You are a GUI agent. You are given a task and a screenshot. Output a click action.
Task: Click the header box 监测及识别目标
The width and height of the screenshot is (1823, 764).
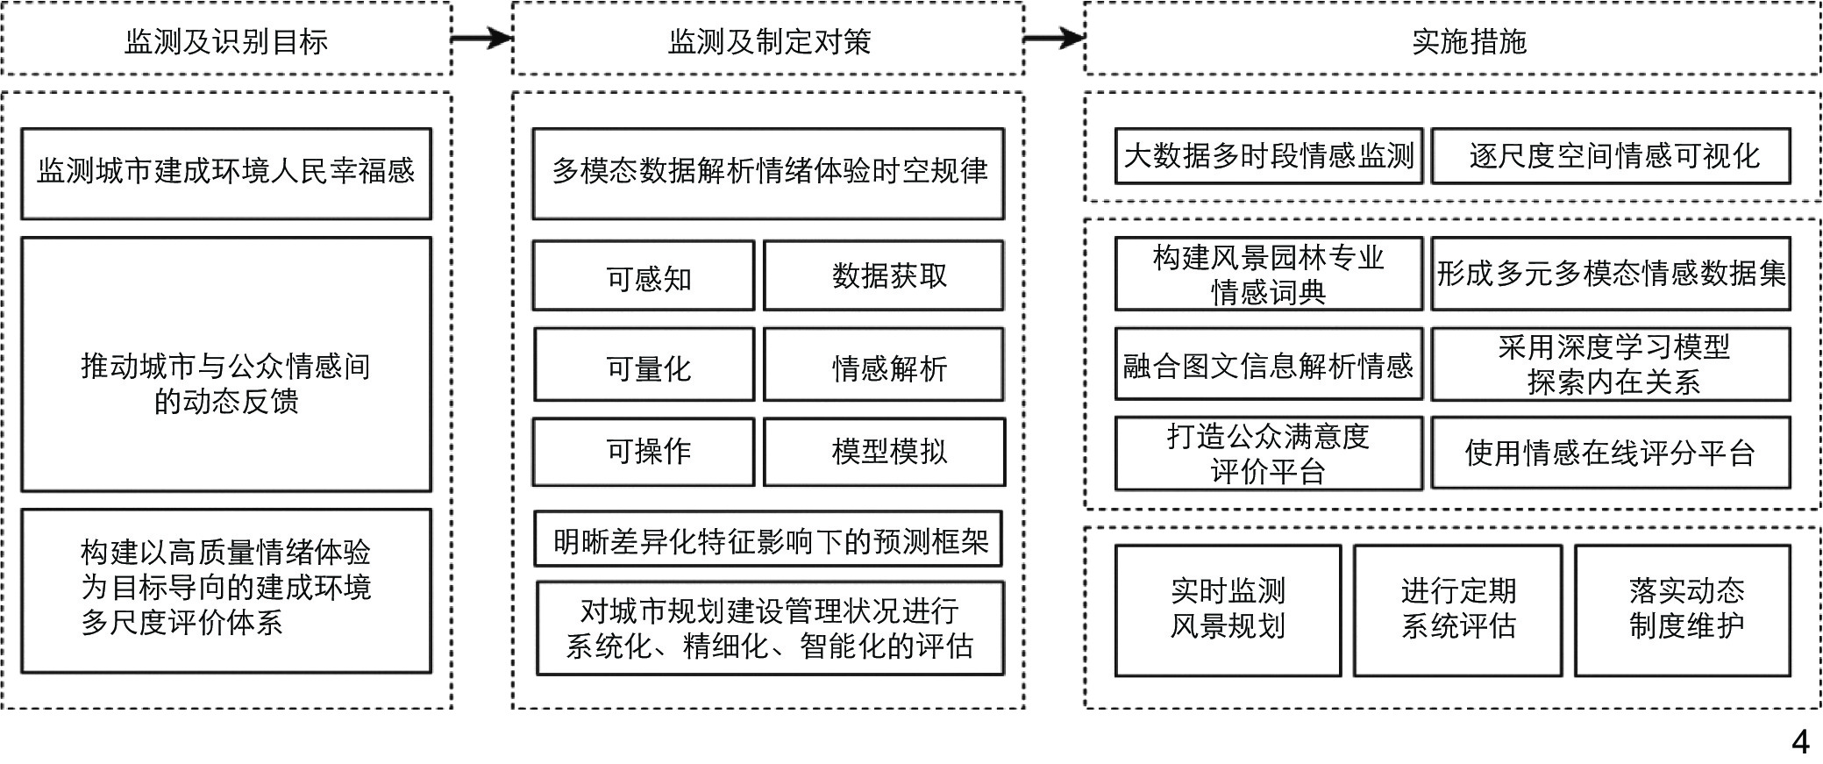226,40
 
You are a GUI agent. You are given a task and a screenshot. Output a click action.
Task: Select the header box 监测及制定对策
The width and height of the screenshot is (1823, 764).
768,40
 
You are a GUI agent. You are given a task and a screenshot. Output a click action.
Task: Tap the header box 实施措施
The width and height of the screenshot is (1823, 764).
1452,40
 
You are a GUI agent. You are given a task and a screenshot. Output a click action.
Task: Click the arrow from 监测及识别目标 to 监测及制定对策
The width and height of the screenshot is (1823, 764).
481,38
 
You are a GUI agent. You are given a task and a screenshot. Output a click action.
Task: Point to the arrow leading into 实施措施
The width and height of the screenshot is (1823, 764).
1054,38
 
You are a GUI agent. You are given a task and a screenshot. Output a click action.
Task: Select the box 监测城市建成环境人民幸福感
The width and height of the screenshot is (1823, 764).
226,173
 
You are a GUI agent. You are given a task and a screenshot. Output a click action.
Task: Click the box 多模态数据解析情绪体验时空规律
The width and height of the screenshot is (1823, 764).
768,173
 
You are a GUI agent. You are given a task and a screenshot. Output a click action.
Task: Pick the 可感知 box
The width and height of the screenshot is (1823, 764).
644,276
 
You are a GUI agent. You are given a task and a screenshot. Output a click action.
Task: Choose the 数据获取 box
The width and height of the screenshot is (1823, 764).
884,276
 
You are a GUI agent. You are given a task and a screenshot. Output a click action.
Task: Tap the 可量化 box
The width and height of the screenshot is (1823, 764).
644,365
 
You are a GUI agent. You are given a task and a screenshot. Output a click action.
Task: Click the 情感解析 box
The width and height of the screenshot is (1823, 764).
884,365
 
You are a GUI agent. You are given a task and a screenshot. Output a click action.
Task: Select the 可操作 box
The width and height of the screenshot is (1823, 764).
644,452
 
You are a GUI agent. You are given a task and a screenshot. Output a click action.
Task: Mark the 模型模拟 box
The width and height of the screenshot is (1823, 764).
884,452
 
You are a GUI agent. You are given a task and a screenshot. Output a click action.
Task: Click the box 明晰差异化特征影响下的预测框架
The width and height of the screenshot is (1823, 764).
768,539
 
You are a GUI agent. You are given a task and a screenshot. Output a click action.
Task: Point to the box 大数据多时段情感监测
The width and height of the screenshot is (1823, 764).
1268,156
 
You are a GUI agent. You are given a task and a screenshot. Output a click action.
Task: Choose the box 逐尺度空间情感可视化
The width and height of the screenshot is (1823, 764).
1611,156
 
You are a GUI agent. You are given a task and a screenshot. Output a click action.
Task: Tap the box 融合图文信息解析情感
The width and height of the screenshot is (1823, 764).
1268,365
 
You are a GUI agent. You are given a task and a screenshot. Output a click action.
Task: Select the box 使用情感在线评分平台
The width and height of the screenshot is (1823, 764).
1611,453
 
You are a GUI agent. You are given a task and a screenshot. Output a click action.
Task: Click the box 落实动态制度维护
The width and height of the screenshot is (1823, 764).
1682,610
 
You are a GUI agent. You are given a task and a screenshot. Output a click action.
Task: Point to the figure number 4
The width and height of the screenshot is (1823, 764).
1800,742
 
